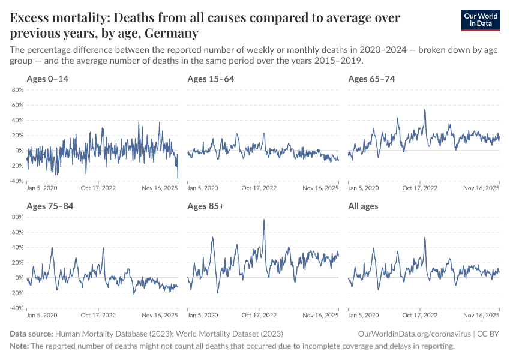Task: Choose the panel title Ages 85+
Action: [206, 206]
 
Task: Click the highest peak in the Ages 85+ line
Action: [264, 220]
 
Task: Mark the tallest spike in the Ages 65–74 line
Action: [425, 109]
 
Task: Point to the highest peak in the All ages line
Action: [425, 238]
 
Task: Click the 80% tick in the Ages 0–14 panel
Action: [17, 90]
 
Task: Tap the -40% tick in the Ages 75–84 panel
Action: [16, 308]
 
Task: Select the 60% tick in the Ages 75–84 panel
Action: [17, 232]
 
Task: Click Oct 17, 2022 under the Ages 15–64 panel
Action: [259, 188]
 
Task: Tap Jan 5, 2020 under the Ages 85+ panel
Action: [203, 315]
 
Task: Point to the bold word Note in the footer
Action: [19, 346]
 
